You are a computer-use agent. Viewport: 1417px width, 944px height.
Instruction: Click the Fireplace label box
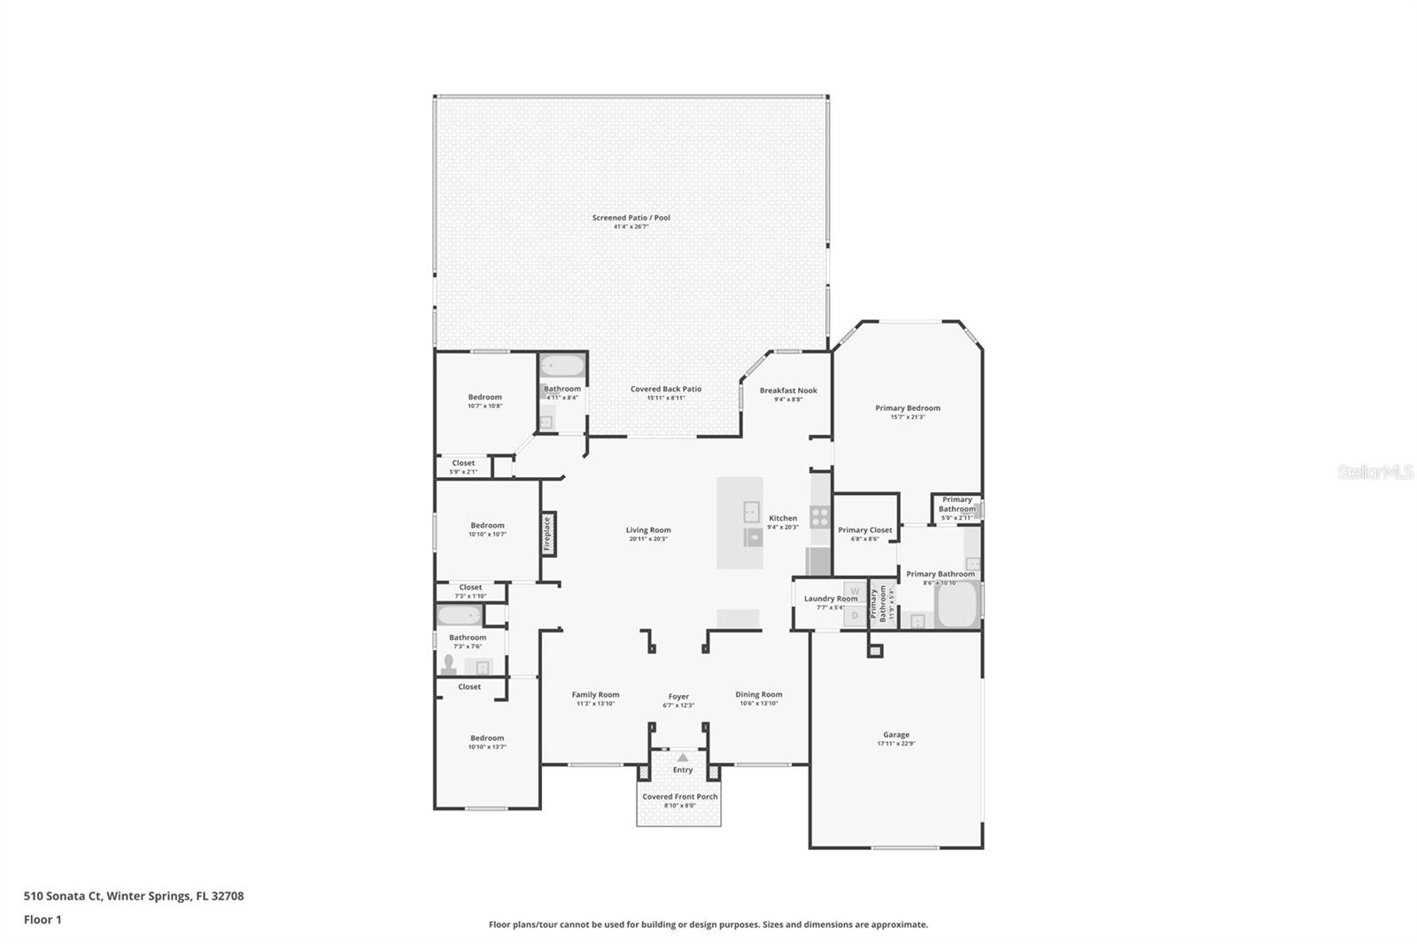coord(547,534)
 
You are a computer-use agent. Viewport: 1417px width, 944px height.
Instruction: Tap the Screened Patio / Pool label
coord(631,218)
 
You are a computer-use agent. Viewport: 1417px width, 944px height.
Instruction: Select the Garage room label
coord(895,734)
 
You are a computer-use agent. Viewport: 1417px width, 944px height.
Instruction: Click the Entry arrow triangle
coord(682,757)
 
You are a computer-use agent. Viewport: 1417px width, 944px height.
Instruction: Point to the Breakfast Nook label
coord(788,391)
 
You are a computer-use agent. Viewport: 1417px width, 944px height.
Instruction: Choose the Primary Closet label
coord(864,530)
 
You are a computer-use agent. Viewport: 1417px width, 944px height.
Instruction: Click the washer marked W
coord(855,592)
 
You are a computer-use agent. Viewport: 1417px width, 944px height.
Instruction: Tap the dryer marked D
coord(855,615)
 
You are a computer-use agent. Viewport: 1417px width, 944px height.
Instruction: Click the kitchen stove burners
coord(820,516)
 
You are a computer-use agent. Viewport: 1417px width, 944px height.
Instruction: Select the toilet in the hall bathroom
coord(449,665)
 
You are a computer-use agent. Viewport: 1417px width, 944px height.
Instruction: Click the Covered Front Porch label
coord(679,796)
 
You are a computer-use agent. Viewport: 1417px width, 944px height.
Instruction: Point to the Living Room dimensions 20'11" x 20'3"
coord(648,539)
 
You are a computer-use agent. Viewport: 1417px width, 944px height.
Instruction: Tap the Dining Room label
coord(758,694)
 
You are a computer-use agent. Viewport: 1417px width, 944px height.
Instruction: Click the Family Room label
coord(595,694)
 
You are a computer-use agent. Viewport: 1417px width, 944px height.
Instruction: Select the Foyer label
coord(678,696)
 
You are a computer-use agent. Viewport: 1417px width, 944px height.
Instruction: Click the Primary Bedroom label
coord(907,408)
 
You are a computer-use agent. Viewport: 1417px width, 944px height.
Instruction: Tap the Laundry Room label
coord(830,599)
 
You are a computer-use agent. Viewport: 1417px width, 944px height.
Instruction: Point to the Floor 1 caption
coord(43,919)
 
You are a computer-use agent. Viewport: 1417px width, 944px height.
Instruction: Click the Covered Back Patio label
coord(665,389)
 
